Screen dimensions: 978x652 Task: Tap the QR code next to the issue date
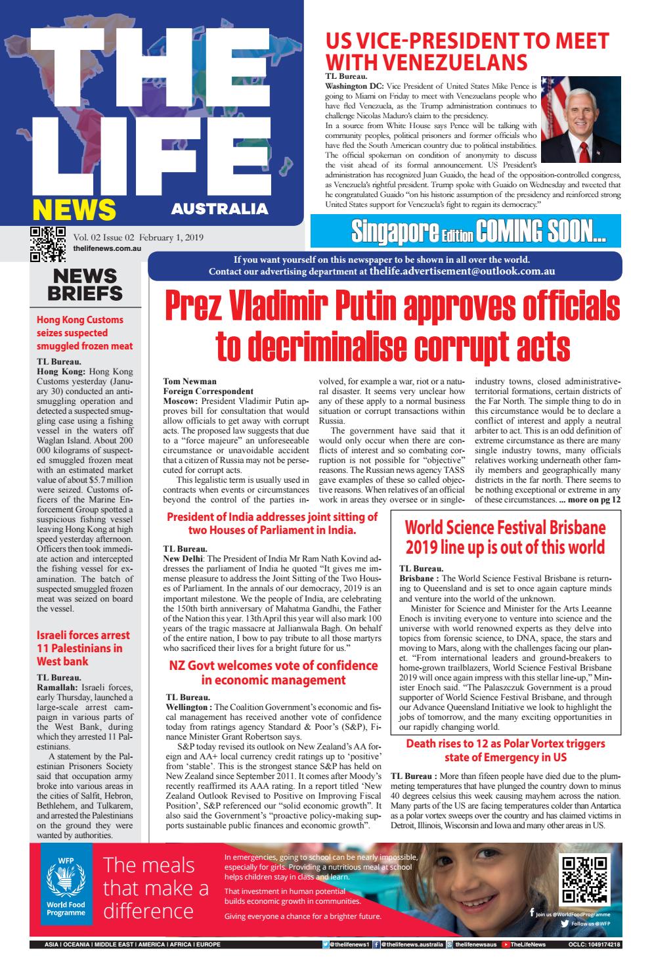[x=48, y=244]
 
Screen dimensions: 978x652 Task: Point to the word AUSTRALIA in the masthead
[x=219, y=210]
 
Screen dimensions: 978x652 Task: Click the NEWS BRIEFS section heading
[x=85, y=284]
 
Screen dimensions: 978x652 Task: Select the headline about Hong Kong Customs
[x=85, y=333]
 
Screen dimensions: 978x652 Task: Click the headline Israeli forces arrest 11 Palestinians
[x=83, y=648]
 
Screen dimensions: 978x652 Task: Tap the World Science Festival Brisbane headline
[x=504, y=537]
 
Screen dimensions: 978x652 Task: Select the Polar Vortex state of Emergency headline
[x=504, y=750]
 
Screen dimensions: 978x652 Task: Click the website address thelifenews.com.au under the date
[x=108, y=250]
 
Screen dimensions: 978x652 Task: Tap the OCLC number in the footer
[x=594, y=945]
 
